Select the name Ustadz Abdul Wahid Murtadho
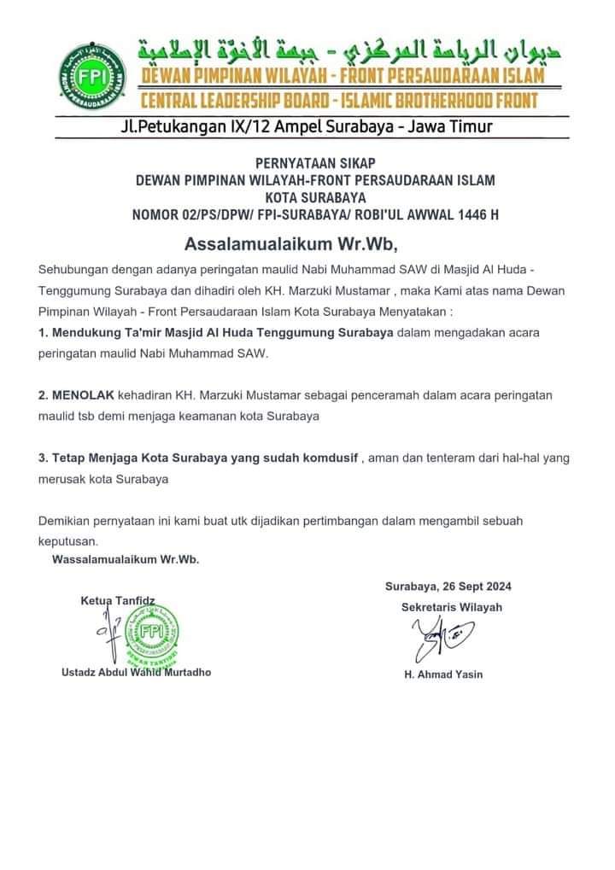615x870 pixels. pos(136,672)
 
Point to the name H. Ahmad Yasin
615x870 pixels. pos(443,674)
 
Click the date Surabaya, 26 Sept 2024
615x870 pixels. pos(448,587)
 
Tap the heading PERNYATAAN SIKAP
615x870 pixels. pos(315,163)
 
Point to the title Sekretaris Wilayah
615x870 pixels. pos(452,607)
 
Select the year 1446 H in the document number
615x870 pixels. pos(471,215)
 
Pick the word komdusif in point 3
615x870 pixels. pos(328,458)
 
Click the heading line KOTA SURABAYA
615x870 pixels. pos(315,197)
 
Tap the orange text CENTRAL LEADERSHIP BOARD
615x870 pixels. pos(230,102)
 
